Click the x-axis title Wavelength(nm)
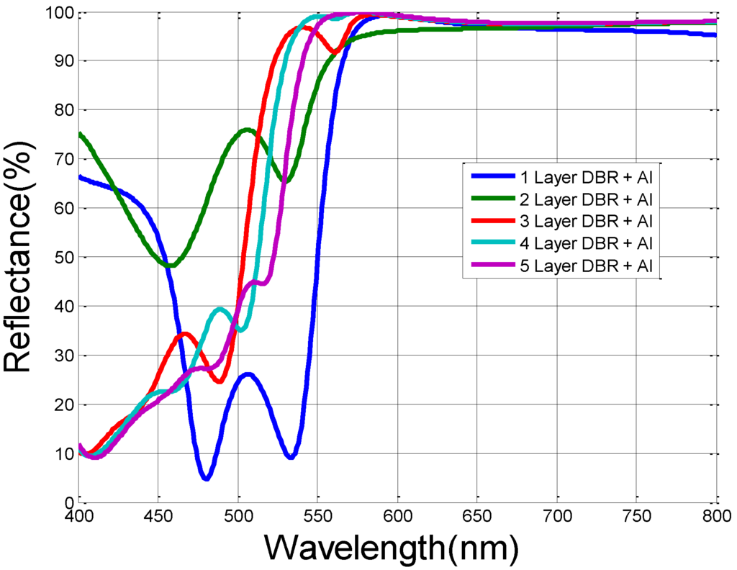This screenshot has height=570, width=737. pos(392,548)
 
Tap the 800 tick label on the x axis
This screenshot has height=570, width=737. pos(715,516)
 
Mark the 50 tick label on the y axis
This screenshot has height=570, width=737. pos(63,258)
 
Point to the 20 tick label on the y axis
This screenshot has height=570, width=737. pos(63,404)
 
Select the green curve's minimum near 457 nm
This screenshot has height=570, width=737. pos(170,266)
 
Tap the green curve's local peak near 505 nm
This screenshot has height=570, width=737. pos(247,130)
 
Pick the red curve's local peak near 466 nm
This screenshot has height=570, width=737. pos(185,334)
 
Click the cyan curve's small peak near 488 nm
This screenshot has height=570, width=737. pos(220,309)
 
